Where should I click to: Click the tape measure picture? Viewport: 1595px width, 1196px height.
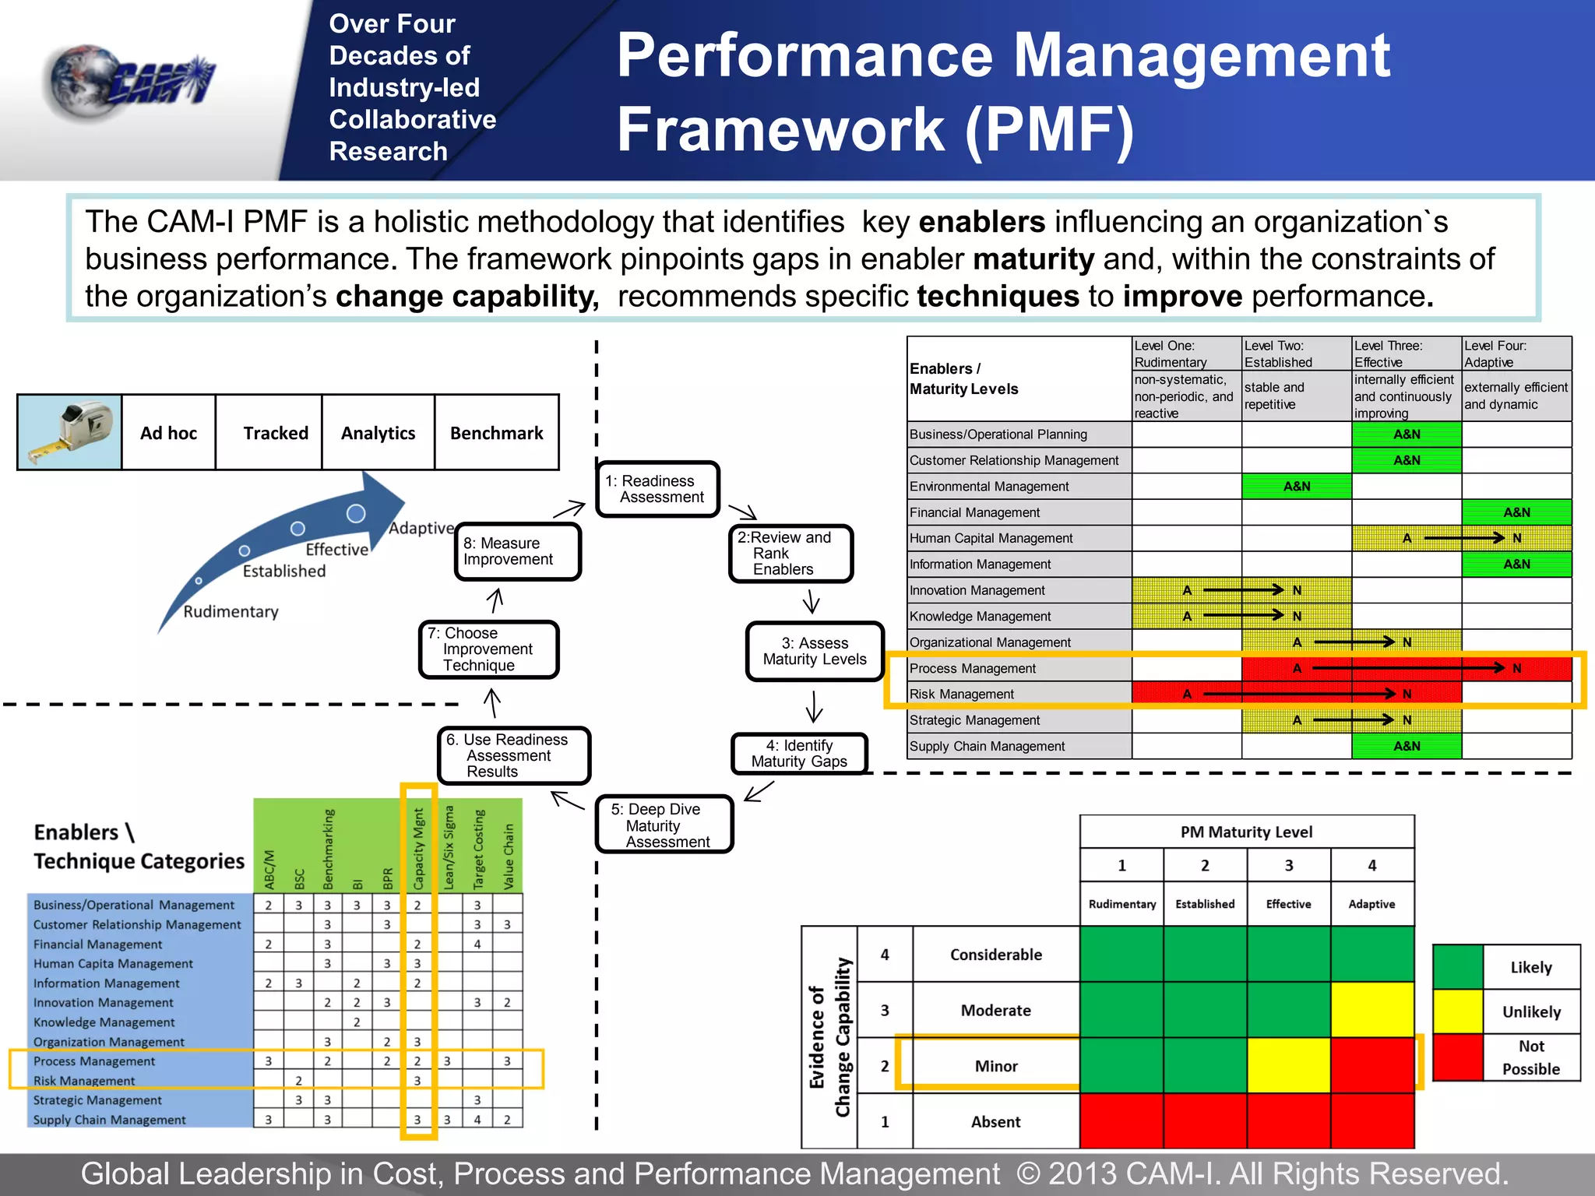point(69,432)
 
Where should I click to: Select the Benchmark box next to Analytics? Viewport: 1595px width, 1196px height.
point(496,433)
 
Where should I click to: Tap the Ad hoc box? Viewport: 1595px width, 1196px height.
point(168,433)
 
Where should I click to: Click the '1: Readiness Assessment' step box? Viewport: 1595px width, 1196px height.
point(657,489)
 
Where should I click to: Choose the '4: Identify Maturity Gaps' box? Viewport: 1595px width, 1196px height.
point(799,754)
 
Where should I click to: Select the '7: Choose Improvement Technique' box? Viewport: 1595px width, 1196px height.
point(488,649)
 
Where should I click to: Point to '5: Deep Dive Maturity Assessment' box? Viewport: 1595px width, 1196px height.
point(664,825)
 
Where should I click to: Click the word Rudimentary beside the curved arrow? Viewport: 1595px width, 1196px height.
point(231,611)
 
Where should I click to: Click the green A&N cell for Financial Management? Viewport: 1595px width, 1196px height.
point(1516,512)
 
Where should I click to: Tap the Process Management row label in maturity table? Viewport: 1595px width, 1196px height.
point(973,668)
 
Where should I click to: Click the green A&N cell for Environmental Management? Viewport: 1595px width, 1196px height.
point(1296,487)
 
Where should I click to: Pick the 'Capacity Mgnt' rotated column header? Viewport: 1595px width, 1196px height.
point(418,849)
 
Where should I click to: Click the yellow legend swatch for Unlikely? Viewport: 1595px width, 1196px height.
point(1457,1011)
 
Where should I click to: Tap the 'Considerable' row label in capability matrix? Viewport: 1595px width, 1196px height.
point(995,955)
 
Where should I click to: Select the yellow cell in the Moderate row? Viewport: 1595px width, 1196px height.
point(1372,1010)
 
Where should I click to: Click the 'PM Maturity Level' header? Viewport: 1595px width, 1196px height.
point(1246,832)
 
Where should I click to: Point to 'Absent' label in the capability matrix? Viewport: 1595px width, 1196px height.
point(995,1122)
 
